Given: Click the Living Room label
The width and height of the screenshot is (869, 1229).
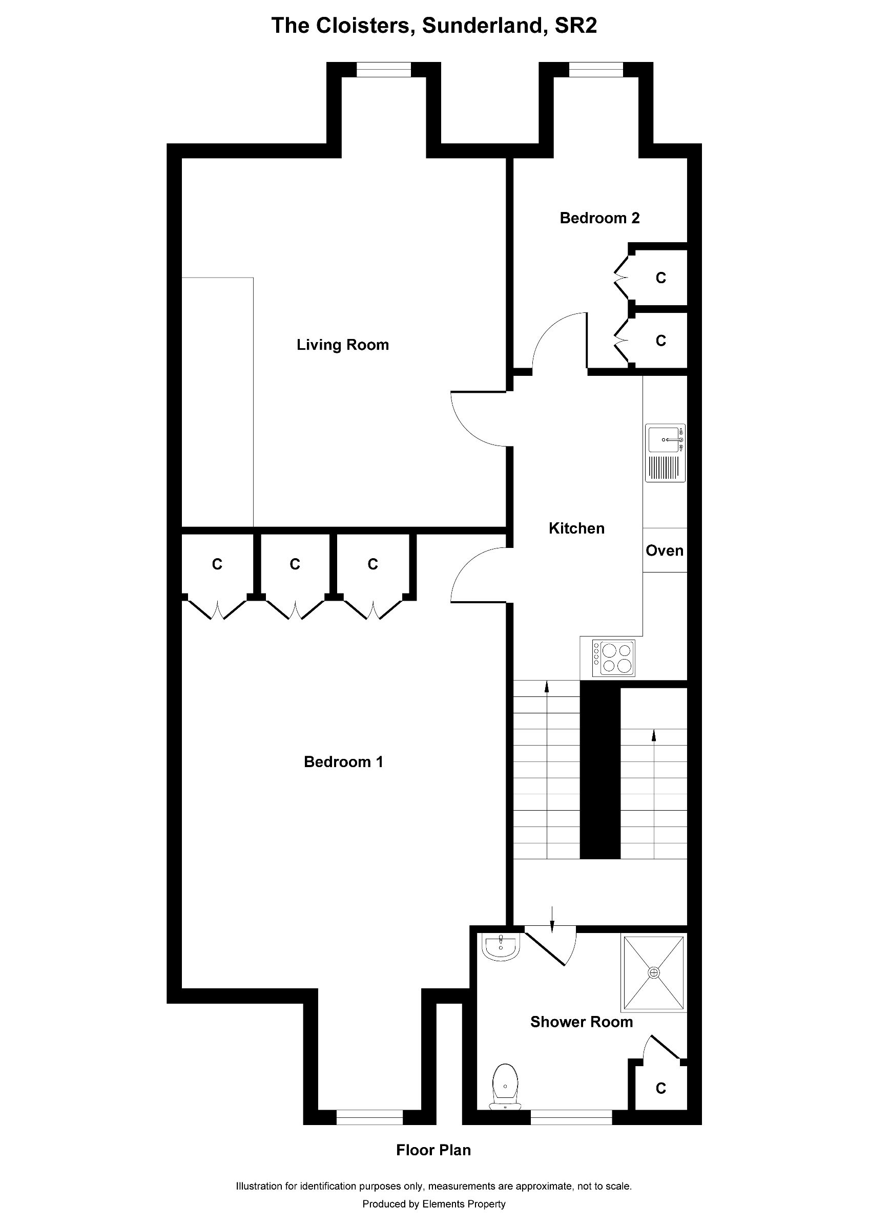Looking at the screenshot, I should (x=343, y=345).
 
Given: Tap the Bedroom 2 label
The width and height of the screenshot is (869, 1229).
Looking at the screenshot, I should (x=599, y=218).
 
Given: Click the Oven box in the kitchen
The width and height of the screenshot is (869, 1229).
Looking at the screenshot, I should (x=665, y=550).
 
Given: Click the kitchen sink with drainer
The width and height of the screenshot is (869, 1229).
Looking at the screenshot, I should (x=665, y=453).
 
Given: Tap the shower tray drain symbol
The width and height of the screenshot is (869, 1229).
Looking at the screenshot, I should (x=654, y=972).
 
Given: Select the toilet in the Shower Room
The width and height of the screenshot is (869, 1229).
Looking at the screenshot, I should (x=505, y=1087).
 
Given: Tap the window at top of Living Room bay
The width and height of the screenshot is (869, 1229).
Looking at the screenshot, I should (x=384, y=70).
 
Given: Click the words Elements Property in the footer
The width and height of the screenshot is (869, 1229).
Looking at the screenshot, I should (x=464, y=1204).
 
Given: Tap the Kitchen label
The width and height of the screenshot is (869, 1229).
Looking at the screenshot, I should (x=576, y=528).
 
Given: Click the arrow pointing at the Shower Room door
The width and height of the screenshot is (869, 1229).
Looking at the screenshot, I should (x=552, y=916).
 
